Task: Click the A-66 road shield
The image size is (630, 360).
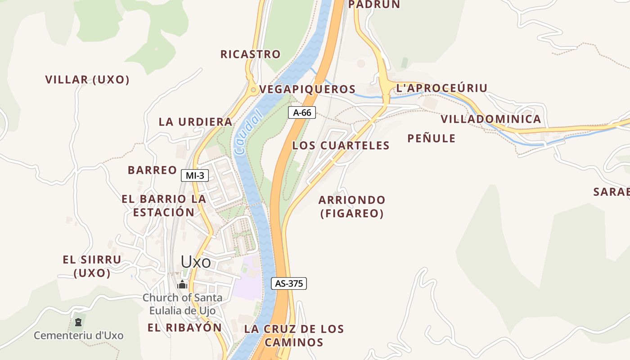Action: point(302,112)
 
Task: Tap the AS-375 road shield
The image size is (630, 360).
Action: point(289,283)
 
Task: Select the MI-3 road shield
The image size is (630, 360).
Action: point(195,175)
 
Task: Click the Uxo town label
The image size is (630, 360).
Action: point(196,261)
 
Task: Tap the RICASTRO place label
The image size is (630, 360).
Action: point(250,54)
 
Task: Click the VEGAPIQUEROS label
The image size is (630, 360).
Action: point(308,89)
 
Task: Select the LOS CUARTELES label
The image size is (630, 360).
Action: point(341,145)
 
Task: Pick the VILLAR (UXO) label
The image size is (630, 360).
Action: point(87,80)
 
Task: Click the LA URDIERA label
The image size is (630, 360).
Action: point(195,121)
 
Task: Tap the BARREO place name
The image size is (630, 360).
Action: point(152,170)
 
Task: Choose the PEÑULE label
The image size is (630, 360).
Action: point(431,138)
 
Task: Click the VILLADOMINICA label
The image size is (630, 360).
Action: point(490,119)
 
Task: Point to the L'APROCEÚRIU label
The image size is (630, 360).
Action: point(441,88)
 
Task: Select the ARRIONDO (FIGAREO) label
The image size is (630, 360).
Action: point(352,206)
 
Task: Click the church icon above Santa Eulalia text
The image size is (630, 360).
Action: point(182,284)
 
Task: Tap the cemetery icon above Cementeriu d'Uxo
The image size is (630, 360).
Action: point(79,322)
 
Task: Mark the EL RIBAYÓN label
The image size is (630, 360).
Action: point(184,328)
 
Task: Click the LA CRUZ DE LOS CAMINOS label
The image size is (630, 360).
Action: point(294,335)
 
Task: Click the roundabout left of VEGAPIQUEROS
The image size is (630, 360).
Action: point(253,90)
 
